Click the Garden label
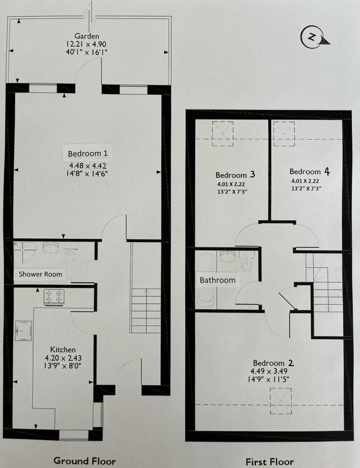tap(86, 36)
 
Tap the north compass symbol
tap(314, 37)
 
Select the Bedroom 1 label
tap(88, 153)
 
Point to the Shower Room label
tap(40, 274)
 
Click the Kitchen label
tap(63, 349)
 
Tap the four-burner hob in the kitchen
tap(54, 297)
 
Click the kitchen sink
tap(23, 331)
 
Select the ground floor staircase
tap(146, 311)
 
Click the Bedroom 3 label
tap(236, 174)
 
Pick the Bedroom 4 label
tap(310, 171)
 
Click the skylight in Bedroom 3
tap(223, 133)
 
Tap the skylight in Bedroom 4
tap(284, 133)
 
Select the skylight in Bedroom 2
tap(281, 401)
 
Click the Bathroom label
tap(217, 280)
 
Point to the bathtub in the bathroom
tap(206, 281)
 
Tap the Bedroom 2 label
tap(274, 363)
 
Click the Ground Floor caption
tap(85, 461)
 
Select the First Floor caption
tap(269, 462)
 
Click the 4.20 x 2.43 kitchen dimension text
tap(63, 358)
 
